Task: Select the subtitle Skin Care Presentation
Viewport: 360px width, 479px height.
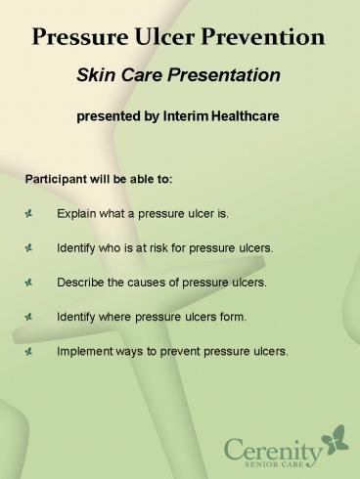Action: point(179,76)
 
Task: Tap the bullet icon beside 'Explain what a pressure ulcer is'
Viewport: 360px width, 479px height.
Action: point(31,212)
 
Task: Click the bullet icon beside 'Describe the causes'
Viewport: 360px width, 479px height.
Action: point(31,283)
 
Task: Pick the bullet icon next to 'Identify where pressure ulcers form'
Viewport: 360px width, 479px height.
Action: point(31,318)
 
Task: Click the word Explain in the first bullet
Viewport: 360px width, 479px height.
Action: point(77,212)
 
